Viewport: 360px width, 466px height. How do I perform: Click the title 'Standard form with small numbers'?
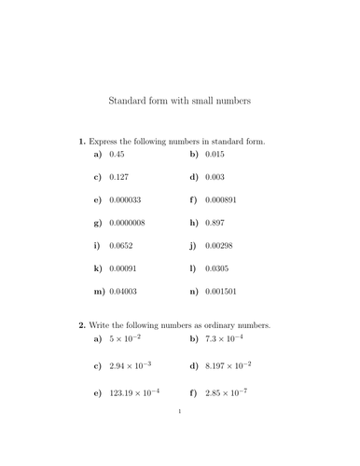click(180, 99)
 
